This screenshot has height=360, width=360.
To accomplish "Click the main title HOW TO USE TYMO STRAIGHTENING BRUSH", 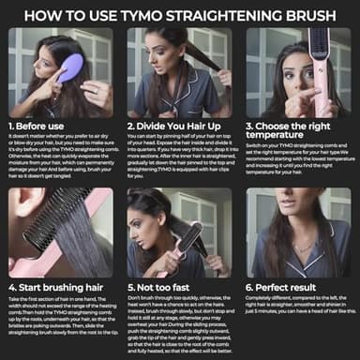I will [180, 14].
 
